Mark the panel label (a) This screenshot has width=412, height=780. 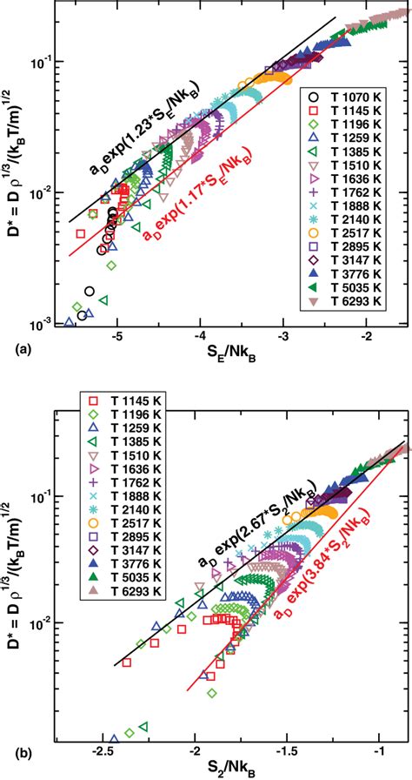click(x=13, y=349)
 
